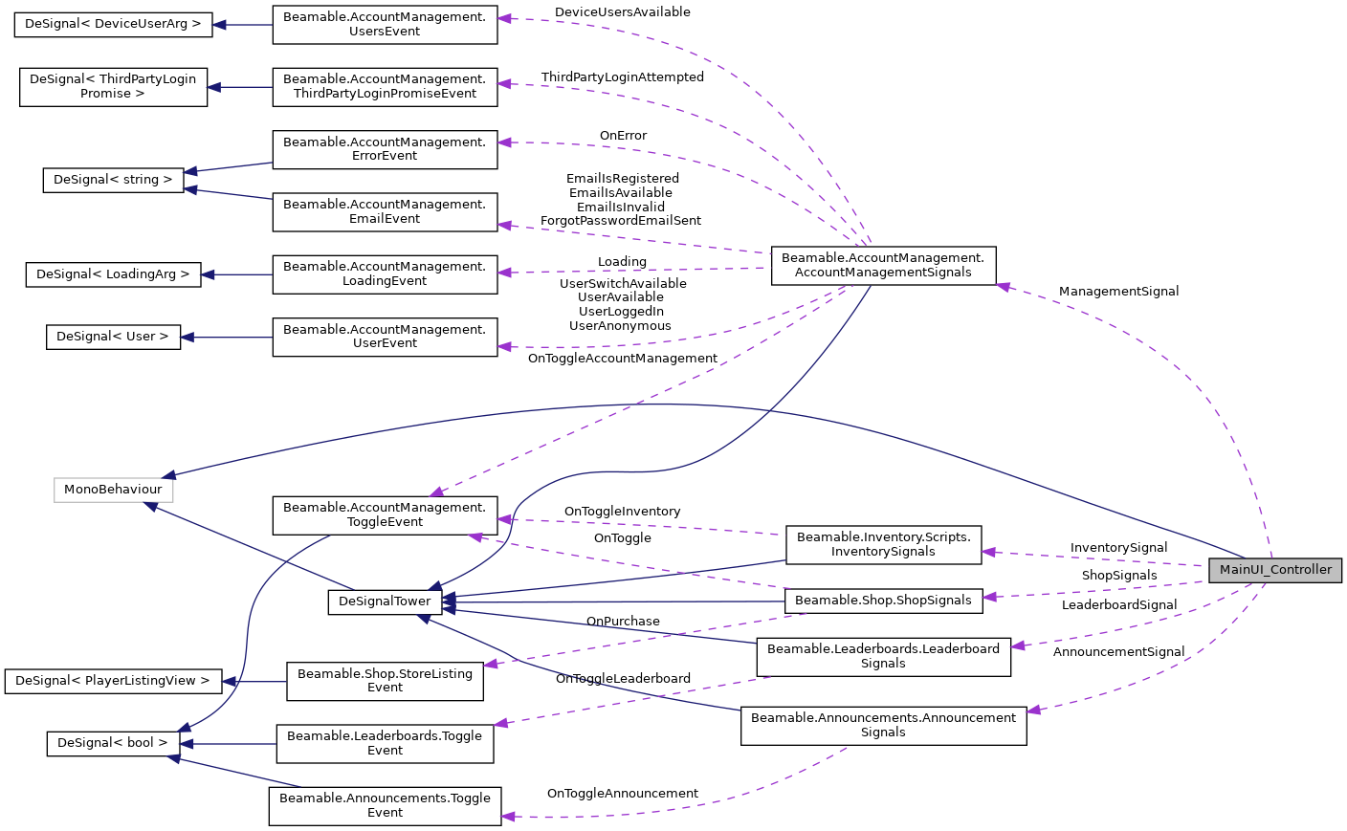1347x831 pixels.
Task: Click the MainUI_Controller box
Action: tap(1274, 570)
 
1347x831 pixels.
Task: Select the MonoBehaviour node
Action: tap(113, 490)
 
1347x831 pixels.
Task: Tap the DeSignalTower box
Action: tap(385, 601)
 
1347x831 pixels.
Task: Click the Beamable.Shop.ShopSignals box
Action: tap(883, 601)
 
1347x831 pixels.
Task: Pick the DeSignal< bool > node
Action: tap(113, 743)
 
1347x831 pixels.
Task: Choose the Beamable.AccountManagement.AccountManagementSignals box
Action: tap(883, 265)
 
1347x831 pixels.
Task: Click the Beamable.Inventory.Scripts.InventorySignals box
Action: tap(883, 544)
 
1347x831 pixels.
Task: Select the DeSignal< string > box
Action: tap(113, 180)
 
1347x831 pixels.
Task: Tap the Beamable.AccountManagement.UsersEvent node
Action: tap(385, 24)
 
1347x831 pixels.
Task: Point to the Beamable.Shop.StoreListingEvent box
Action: tap(385, 681)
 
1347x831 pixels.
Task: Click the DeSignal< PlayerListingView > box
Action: tap(113, 681)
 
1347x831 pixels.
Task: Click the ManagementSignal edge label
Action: tap(1118, 292)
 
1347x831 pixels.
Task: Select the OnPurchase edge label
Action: tap(623, 622)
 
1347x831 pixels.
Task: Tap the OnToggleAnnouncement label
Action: tap(622, 794)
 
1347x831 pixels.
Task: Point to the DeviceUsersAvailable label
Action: tap(622, 12)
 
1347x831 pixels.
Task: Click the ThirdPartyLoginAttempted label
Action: tap(622, 77)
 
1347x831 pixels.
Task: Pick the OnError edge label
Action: tap(623, 136)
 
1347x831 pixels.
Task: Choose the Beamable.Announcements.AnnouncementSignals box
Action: tap(883, 726)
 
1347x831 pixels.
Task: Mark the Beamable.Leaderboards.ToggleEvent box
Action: tap(385, 743)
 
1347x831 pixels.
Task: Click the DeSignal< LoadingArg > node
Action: tap(113, 274)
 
